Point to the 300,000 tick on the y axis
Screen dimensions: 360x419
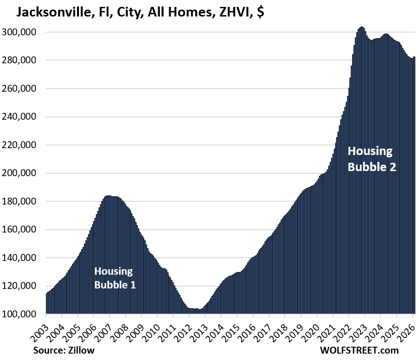click(x=20, y=33)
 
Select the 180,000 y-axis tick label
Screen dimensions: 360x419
click(x=20, y=202)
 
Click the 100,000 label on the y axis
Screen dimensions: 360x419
click(x=20, y=315)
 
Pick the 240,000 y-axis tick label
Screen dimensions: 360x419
click(x=20, y=117)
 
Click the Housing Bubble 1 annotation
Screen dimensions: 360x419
click(x=115, y=278)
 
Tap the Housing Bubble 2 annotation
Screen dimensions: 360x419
click(x=371, y=159)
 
